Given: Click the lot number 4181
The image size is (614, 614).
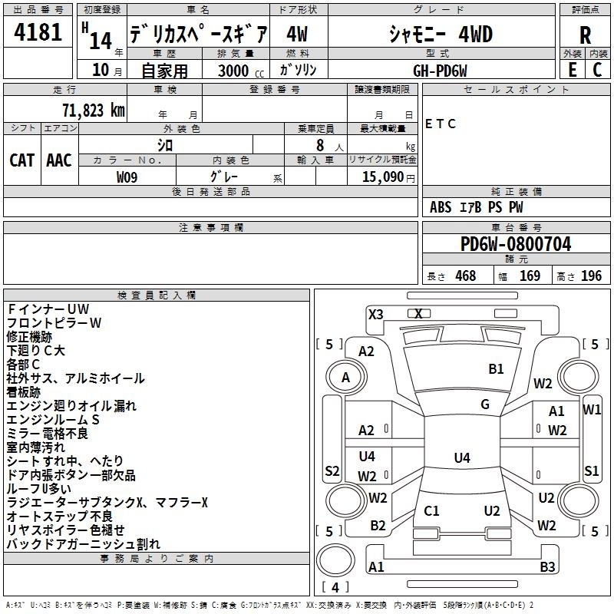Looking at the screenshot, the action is [x=38, y=32].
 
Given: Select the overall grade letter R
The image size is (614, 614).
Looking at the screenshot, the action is [x=585, y=35].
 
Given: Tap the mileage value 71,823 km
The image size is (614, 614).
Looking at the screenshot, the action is [x=94, y=111].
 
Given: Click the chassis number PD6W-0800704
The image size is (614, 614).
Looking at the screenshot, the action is [x=516, y=243].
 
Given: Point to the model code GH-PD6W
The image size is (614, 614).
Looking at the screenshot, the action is [x=440, y=71].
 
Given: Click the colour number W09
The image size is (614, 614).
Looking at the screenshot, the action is [x=127, y=177].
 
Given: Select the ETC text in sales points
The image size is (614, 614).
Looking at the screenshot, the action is [x=440, y=124].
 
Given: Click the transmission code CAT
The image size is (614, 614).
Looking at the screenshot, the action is [x=22, y=160].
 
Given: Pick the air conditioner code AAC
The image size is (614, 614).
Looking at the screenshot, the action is [x=59, y=160].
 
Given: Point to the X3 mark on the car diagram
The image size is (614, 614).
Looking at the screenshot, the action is [x=376, y=314].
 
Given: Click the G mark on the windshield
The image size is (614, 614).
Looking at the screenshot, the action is [x=485, y=404].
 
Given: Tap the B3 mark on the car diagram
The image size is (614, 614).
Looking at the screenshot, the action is [x=547, y=566].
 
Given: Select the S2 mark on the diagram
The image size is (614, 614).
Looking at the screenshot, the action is [x=332, y=470].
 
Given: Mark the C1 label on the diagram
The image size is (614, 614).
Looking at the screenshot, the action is [x=431, y=510].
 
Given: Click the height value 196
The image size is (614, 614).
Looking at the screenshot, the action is [x=591, y=276].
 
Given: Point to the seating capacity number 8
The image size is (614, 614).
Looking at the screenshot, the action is [x=320, y=145].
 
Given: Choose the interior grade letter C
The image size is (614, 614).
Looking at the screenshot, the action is [x=597, y=70].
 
